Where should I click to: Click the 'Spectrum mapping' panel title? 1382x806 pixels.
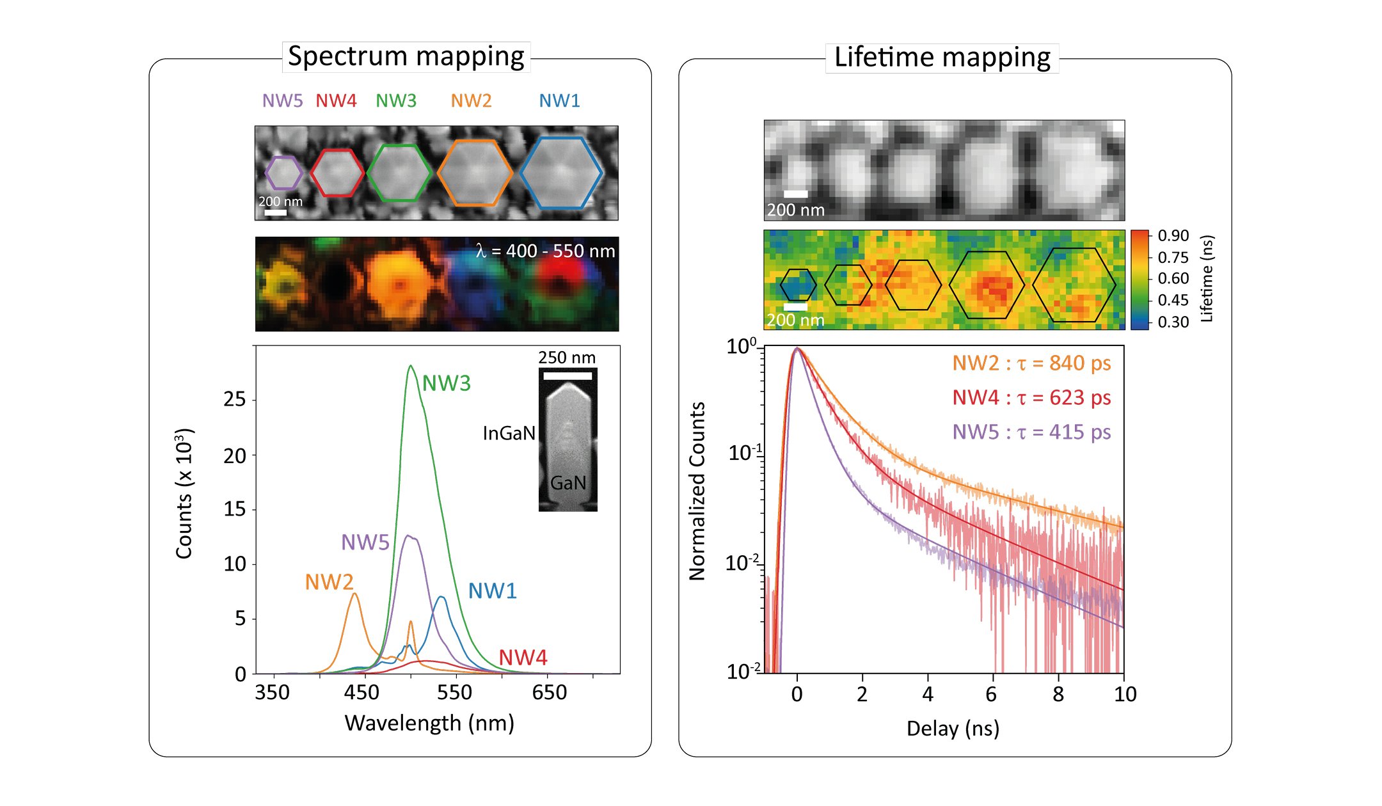coord(406,57)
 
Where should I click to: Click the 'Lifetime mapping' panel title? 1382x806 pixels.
coord(942,58)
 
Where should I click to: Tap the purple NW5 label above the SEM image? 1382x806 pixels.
coord(282,101)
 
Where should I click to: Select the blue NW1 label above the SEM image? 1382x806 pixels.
coord(559,101)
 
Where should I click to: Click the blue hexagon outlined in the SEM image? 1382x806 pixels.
coord(560,172)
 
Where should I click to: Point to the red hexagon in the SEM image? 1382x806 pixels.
coord(337,173)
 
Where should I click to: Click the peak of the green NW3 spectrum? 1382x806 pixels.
coord(410,367)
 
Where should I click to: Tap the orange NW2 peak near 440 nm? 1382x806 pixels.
coord(354,596)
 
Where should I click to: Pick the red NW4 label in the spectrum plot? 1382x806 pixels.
coord(523,658)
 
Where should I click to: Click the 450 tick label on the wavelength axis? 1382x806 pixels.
coord(361,693)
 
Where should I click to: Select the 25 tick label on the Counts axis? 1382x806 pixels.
coord(234,400)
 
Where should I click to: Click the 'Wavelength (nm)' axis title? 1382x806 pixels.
coord(429,723)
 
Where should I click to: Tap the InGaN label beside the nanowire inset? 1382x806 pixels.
coord(509,434)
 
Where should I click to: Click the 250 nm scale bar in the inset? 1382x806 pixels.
coord(568,375)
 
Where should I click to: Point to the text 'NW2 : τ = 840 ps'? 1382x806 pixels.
coord(1031,363)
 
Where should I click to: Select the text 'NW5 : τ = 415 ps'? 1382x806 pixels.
coord(1031,432)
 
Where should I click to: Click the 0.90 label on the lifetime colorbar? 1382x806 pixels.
coord(1173,236)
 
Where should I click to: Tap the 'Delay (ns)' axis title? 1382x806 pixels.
coord(953,729)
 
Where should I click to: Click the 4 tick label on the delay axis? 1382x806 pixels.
coord(928,695)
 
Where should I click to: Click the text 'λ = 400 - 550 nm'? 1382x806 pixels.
coord(545,251)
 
